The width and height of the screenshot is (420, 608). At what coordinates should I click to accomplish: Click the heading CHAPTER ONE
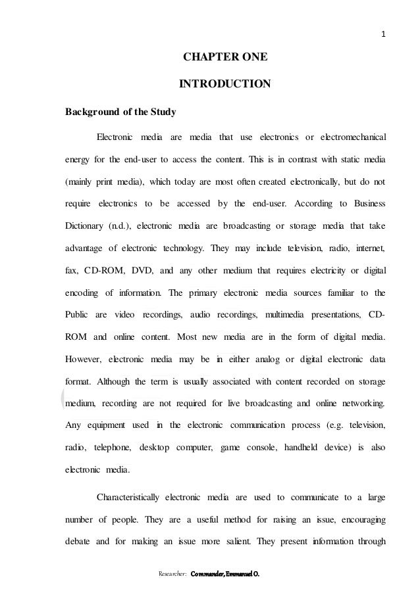[x=224, y=57]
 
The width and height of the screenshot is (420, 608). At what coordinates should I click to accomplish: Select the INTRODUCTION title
[x=224, y=84]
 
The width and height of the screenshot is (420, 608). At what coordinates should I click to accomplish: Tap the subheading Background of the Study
[x=120, y=111]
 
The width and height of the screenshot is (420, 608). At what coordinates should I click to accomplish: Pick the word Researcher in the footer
[x=172, y=573]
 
